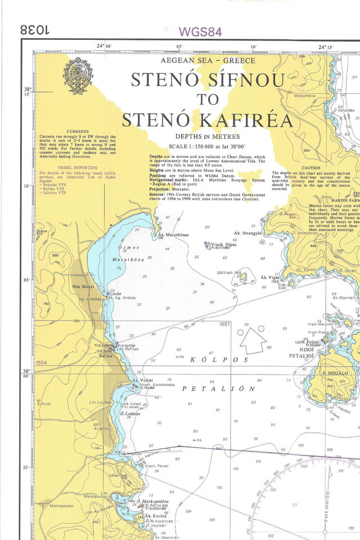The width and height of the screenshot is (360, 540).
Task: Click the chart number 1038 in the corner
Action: click(x=35, y=30)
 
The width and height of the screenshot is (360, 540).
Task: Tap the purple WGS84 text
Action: click(x=200, y=32)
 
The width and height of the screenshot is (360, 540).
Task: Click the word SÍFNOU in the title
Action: click(x=246, y=80)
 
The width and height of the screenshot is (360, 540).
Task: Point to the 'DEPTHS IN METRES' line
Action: click(x=208, y=136)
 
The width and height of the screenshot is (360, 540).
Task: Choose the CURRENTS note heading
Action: click(x=78, y=131)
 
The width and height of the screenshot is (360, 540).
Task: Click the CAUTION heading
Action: click(x=310, y=168)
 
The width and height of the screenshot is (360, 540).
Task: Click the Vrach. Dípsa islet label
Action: click(x=223, y=245)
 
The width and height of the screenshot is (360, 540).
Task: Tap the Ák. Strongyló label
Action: click(x=247, y=232)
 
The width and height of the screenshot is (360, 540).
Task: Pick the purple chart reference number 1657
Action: click(x=224, y=325)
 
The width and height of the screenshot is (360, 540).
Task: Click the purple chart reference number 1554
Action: click(x=40, y=363)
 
